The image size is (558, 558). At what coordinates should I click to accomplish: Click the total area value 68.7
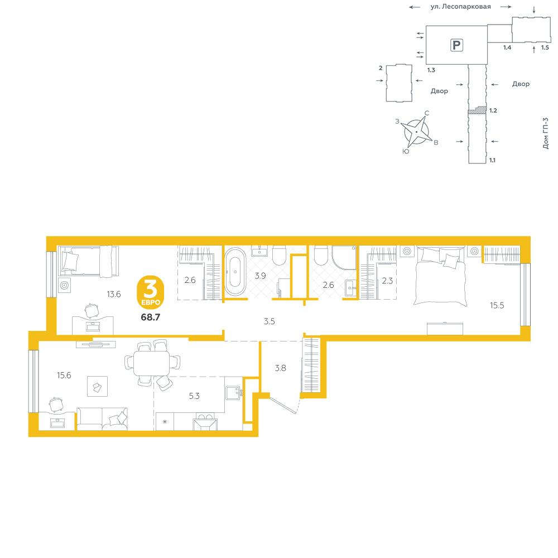pyautogui.click(x=151, y=317)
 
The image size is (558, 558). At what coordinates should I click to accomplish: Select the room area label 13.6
pyautogui.click(x=114, y=294)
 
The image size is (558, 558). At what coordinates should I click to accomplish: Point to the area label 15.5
pyautogui.click(x=497, y=305)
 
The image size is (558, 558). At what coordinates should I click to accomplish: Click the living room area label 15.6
pyautogui.click(x=64, y=375)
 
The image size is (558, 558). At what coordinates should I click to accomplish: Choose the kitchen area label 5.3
pyautogui.click(x=194, y=396)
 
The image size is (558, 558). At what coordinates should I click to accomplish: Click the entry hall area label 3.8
pyautogui.click(x=281, y=368)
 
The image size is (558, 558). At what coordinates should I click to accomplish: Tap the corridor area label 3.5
pyautogui.click(x=270, y=321)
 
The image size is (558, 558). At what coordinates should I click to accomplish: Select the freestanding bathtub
pyautogui.click(x=235, y=271)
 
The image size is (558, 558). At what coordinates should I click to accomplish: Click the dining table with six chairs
pyautogui.click(x=152, y=363)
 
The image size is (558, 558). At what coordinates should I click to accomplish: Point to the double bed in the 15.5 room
pyautogui.click(x=440, y=275)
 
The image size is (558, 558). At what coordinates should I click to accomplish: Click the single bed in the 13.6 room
pyautogui.click(x=88, y=261)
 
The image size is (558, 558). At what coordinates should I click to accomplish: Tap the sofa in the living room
pyautogui.click(x=102, y=419)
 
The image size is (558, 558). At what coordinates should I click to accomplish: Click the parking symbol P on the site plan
pyautogui.click(x=456, y=45)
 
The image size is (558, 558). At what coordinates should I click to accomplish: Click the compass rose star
pyautogui.click(x=416, y=132)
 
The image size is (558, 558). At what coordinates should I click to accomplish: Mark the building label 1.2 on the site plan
pyautogui.click(x=493, y=110)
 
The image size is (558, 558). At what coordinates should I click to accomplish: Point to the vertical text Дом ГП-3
pyautogui.click(x=546, y=133)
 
